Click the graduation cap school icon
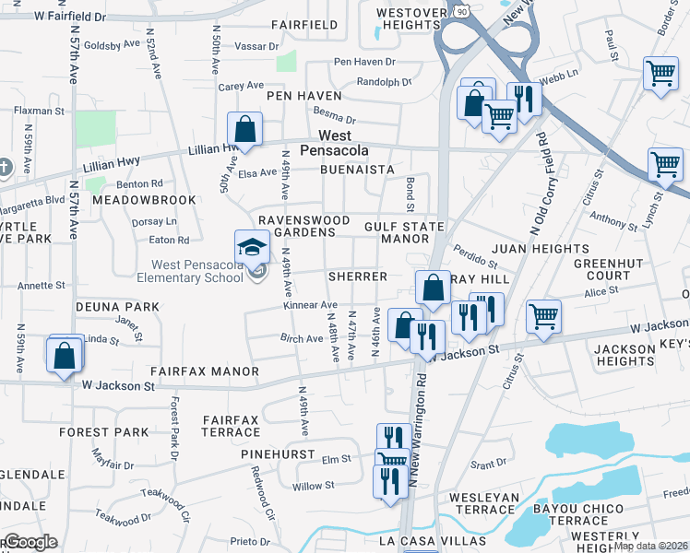pos(252,247)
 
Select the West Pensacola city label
pos(338,143)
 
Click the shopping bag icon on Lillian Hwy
pos(245,130)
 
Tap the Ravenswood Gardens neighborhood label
pos(303,227)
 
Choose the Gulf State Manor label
pos(403,232)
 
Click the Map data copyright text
pos(650,546)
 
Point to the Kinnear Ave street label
pos(310,305)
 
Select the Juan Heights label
pos(540,249)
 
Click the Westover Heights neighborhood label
pos(412,19)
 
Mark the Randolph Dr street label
pos(384,80)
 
